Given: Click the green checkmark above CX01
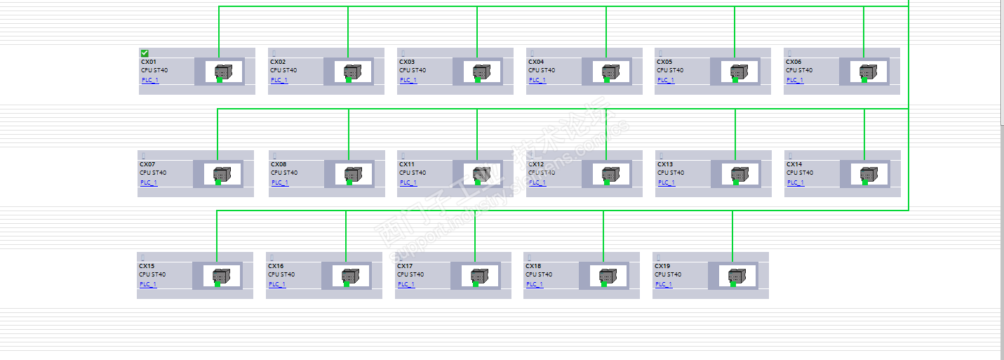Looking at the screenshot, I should (x=145, y=53).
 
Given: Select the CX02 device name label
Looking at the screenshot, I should (x=278, y=62).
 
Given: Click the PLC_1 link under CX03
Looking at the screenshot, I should (x=408, y=80).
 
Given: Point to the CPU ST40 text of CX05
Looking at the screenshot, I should (x=670, y=70).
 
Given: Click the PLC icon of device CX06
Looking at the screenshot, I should (x=869, y=72).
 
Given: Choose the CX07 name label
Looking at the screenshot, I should (x=147, y=164).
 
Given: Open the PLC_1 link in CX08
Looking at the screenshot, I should (x=279, y=182).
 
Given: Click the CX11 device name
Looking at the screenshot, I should (x=407, y=164).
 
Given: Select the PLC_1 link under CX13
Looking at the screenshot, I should (x=665, y=182).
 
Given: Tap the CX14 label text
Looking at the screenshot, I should (x=794, y=164).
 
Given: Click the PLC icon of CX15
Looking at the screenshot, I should (x=222, y=276).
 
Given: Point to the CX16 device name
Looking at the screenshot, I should (x=276, y=266).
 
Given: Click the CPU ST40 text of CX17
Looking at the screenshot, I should (x=410, y=274).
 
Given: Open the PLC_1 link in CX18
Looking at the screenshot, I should (x=534, y=284).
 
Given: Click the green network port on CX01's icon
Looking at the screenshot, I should (x=219, y=79).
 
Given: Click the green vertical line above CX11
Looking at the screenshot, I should (x=477, y=133).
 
